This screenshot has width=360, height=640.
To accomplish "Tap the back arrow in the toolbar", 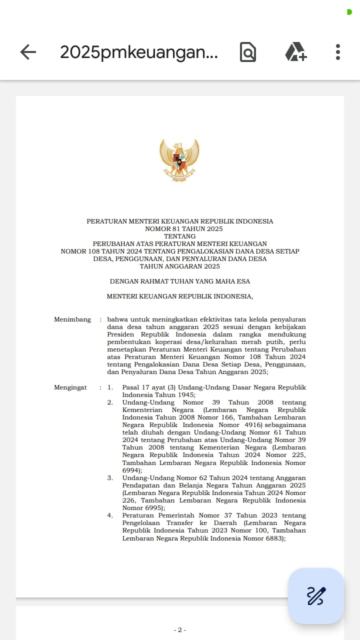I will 28,52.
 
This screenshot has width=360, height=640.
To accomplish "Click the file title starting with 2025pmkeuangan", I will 138,52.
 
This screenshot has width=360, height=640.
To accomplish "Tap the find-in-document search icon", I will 247,52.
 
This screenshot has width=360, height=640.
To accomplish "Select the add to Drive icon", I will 295,52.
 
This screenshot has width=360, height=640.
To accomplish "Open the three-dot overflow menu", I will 338,52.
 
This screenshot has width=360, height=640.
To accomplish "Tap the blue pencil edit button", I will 316,595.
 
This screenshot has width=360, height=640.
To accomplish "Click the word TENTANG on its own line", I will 179,236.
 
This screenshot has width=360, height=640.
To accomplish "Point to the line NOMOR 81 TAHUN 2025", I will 179,229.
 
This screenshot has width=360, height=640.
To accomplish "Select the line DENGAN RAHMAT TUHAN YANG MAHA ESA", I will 179,281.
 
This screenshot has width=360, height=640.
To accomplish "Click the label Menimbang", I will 72,319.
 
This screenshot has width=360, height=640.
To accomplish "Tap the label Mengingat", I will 70,387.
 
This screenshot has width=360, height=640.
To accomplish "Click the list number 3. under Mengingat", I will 110,478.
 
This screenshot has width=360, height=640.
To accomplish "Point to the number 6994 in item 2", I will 131,470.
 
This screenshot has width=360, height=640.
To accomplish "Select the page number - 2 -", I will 179,630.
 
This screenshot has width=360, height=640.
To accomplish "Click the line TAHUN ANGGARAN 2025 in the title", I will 179,266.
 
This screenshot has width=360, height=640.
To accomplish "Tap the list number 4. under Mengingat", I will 110,515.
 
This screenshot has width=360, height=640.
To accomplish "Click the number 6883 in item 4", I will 273,538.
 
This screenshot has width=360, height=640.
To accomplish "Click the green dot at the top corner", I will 349,12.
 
